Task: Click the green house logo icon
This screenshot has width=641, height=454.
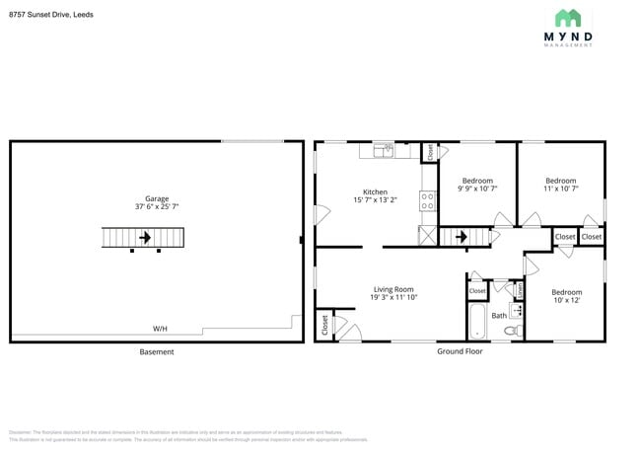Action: [568, 18]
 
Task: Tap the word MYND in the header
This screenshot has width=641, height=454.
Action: [569, 38]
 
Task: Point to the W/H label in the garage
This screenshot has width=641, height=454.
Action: [159, 328]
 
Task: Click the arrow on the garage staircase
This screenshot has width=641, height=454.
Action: [145, 238]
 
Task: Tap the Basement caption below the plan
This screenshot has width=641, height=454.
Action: [156, 351]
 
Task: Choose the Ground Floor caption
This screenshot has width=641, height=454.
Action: [460, 351]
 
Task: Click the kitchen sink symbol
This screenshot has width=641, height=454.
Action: [382, 151]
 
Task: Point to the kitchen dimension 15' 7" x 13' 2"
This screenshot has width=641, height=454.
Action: [375, 200]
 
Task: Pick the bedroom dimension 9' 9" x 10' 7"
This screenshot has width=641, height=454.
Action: [477, 189]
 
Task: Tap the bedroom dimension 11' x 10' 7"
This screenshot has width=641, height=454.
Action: [560, 189]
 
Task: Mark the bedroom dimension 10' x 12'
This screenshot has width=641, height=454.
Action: [566, 300]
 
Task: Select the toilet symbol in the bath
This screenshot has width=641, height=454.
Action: [511, 332]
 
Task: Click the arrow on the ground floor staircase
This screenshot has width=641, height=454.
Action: [461, 237]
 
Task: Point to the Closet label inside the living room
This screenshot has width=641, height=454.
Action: [324, 325]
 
